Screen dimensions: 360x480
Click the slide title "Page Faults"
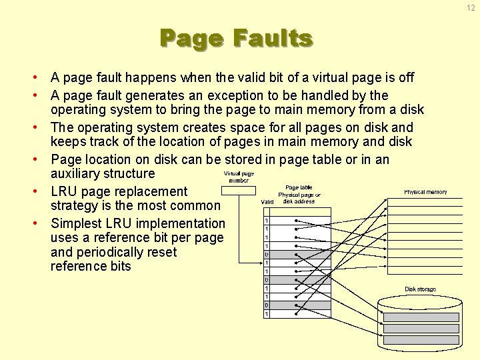(236, 39)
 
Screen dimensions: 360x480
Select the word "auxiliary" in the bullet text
(79, 174)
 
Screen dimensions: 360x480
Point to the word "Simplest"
(77, 223)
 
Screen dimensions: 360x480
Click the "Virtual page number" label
(238, 177)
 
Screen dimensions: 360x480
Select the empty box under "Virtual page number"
(238, 190)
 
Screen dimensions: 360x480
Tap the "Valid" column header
(267, 201)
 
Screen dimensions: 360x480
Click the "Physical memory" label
(425, 192)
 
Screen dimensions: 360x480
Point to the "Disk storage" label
(420, 289)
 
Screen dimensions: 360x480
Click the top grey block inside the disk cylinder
(421, 317)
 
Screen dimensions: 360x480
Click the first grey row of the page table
(297, 255)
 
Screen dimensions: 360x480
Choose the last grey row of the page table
(297, 305)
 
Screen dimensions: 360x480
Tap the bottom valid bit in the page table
(267, 314)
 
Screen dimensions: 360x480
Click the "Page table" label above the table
(299, 188)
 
